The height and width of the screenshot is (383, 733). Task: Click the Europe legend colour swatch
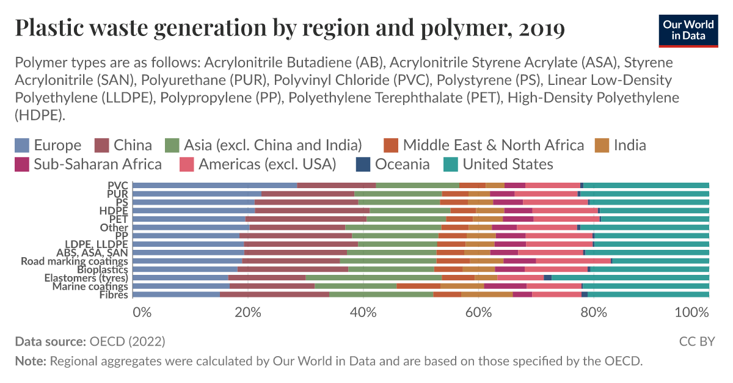click(x=22, y=145)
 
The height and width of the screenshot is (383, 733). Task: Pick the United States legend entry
click(x=508, y=164)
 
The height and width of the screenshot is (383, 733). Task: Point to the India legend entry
click(x=630, y=145)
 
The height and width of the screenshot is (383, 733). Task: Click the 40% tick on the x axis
click(x=363, y=312)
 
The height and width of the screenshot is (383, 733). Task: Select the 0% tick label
click(x=142, y=312)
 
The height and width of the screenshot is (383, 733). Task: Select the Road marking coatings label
click(x=75, y=261)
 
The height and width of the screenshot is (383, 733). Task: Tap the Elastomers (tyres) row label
click(x=89, y=279)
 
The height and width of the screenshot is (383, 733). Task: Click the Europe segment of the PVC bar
click(x=214, y=185)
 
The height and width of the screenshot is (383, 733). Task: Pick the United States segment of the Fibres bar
click(x=648, y=294)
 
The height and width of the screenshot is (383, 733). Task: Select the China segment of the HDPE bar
click(x=312, y=211)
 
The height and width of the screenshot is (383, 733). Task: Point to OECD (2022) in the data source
click(x=127, y=341)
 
